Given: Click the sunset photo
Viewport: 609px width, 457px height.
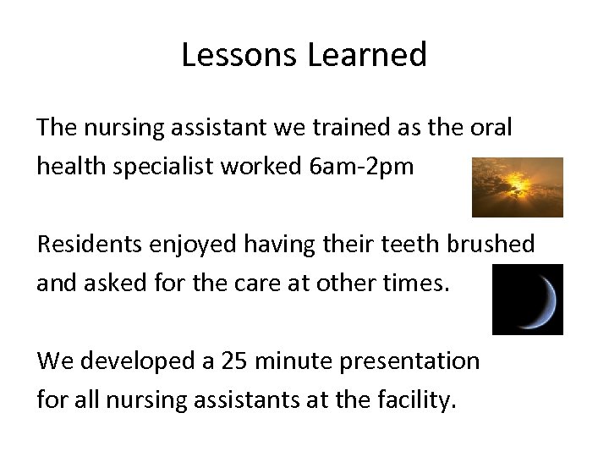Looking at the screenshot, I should click(517, 187).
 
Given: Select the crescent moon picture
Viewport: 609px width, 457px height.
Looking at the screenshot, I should click(527, 299).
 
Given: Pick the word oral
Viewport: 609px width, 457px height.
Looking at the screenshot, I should click(491, 128).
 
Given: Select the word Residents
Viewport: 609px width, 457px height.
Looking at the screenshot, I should click(92, 245).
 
